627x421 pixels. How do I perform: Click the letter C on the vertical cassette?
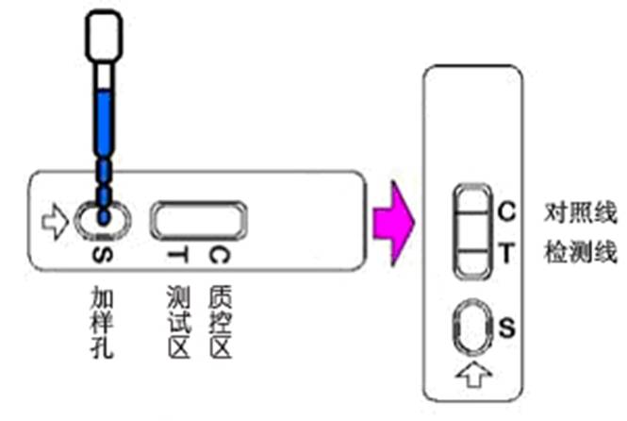click(505, 211)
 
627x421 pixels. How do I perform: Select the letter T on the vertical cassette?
click(505, 253)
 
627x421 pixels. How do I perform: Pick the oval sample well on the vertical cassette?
click(470, 328)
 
